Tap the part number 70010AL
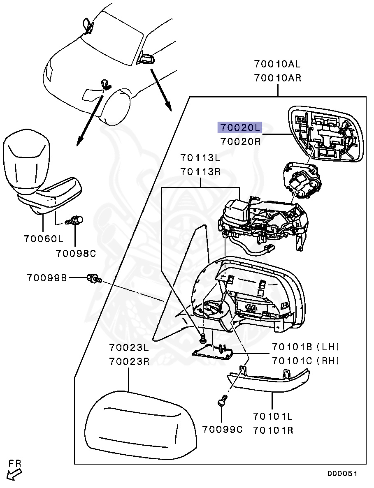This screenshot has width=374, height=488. coord(277,64)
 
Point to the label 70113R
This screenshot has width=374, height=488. coord(200,172)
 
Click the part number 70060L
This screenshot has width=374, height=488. coord(43,238)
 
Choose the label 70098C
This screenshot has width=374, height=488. coord(76,254)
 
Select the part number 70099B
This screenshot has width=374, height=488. coord(47,278)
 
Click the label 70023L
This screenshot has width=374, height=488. coord(129,347)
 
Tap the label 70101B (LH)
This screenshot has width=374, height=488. coord(305,346)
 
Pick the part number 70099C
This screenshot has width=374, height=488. coord(222,430)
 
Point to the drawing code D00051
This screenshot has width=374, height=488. coord(342,474)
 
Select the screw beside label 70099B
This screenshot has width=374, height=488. coord(94,279)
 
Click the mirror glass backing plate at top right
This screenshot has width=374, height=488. coord(326,134)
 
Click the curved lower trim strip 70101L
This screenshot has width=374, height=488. coord(272,380)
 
